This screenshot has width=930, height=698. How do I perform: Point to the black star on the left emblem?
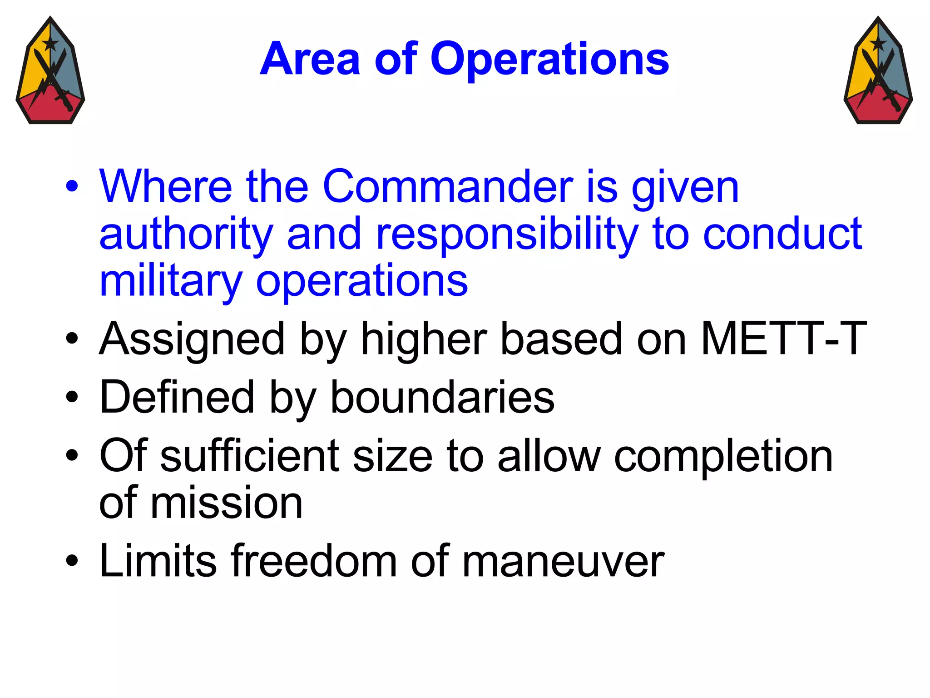click(x=50, y=44)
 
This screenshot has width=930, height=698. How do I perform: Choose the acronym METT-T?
click(x=783, y=339)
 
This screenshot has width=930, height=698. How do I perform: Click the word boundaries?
click(x=442, y=398)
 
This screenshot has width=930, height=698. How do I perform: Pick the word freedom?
click(x=314, y=561)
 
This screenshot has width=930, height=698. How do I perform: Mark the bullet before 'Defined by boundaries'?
click(x=72, y=397)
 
